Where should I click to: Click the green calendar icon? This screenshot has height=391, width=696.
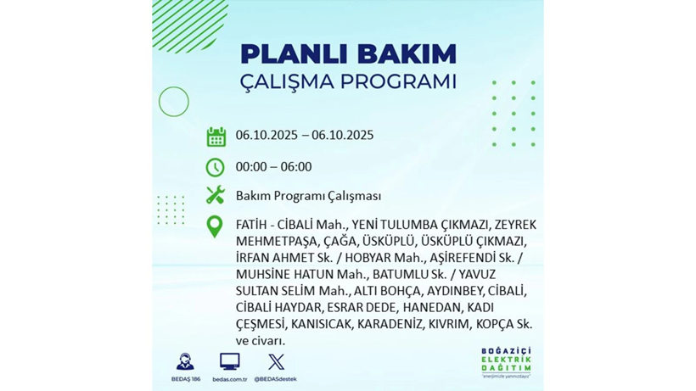point(216,137)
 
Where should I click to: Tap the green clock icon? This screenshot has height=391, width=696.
point(216,167)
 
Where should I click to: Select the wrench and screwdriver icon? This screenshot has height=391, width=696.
point(216,195)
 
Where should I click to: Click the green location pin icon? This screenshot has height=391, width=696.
point(216,226)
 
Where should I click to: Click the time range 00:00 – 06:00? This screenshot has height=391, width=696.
point(273,167)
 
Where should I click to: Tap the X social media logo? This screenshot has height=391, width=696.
point(275,361)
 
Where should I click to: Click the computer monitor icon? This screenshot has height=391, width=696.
point(229,361)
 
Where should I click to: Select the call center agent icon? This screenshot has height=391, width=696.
point(184,361)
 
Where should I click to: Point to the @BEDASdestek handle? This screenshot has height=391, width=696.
point(275,379)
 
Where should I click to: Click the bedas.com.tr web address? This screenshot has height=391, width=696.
point(229,379)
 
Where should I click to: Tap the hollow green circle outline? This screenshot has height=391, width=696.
point(173,102)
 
